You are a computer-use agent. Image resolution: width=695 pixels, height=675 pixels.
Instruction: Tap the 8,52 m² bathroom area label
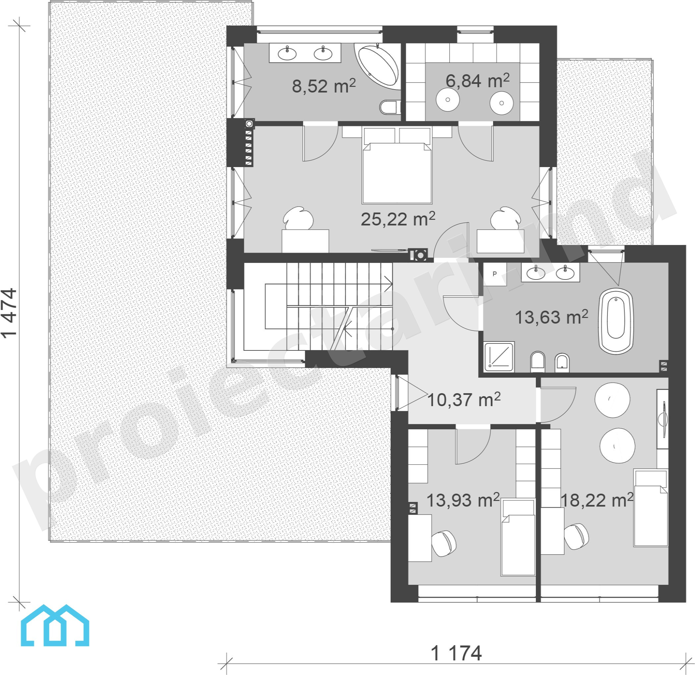324,86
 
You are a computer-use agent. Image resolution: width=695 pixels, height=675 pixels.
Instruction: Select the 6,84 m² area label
477,81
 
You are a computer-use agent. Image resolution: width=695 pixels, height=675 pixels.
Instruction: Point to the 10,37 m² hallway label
464,399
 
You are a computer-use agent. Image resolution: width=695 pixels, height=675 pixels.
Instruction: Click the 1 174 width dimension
456,653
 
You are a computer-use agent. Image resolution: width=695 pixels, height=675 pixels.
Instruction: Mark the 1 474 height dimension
9,313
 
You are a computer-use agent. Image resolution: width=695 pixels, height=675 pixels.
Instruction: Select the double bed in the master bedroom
397,165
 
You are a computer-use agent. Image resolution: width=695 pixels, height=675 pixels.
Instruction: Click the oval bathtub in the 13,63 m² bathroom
616,321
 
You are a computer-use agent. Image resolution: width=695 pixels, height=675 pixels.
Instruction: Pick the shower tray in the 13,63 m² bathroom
499,357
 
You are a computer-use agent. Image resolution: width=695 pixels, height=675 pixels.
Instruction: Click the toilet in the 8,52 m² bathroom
390,107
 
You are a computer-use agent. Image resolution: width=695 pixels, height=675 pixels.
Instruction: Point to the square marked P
495,274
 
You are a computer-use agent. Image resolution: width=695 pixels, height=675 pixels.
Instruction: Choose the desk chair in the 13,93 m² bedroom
444,543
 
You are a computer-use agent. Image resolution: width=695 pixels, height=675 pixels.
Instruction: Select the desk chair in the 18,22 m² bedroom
576,536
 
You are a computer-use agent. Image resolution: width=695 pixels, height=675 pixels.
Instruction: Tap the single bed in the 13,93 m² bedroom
518,537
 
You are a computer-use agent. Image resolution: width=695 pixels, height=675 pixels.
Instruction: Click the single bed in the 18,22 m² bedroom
651,508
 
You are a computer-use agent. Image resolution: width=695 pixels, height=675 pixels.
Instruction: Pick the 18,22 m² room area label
597,500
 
